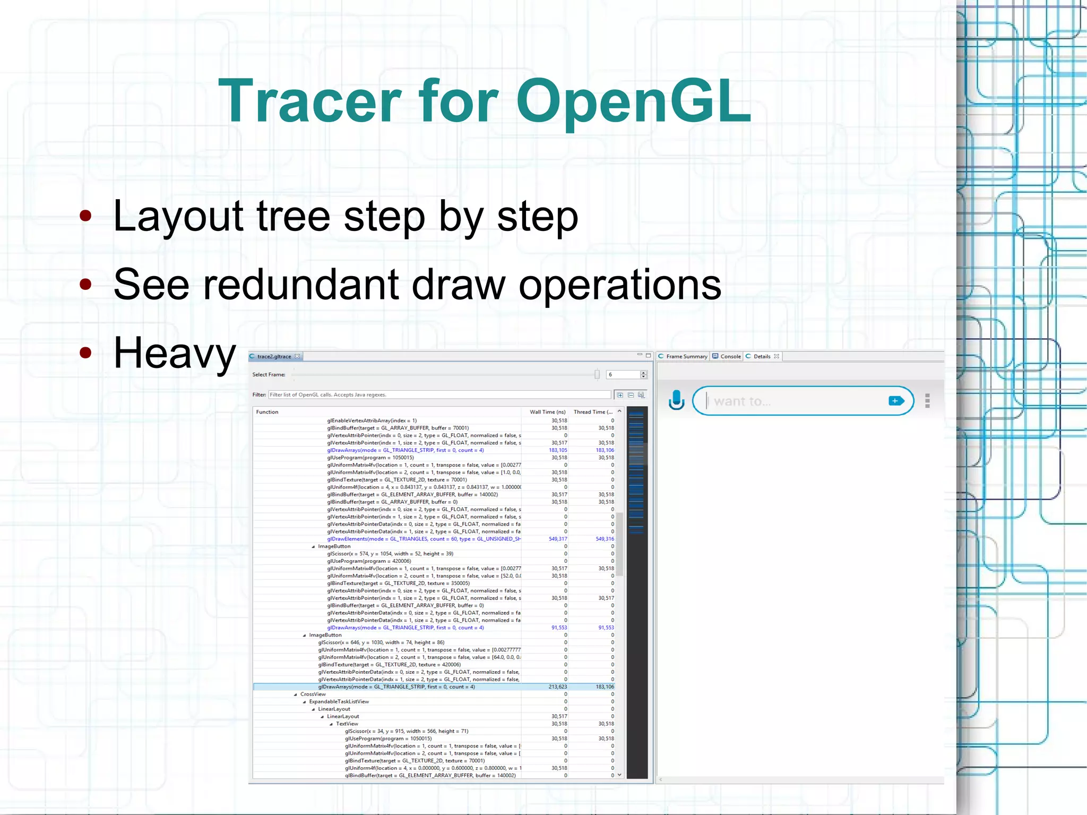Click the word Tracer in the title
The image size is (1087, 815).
tap(310, 101)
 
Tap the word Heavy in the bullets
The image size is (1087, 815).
tap(175, 353)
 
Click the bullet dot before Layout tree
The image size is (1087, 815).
tap(85, 216)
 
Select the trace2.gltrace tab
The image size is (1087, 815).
tap(274, 356)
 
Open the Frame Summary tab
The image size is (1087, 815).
tap(686, 356)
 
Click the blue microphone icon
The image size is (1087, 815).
tap(676, 400)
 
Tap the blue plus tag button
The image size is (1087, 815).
tap(896, 401)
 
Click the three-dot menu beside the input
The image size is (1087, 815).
tap(927, 401)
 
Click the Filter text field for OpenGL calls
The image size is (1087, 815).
tap(439, 394)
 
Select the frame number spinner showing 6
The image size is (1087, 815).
tap(624, 375)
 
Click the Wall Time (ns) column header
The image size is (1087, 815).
tap(547, 412)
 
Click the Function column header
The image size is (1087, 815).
tap(267, 412)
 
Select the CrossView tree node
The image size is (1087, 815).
tap(313, 694)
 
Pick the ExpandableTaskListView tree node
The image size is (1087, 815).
tap(339, 701)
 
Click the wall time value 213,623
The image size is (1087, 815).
tap(557, 687)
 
